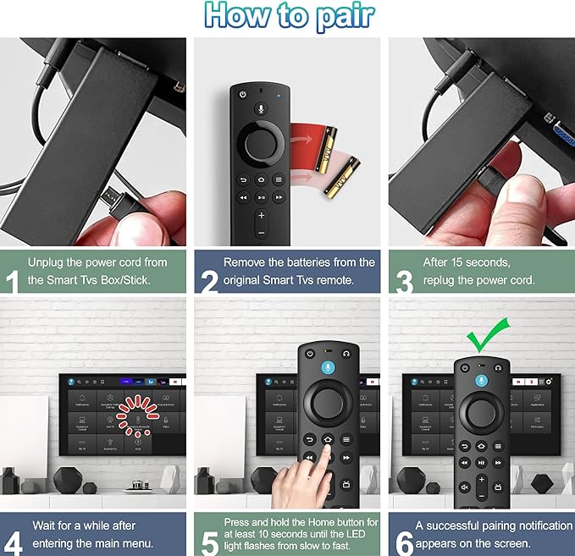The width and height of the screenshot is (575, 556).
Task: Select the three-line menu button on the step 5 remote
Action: tap(346, 439)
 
